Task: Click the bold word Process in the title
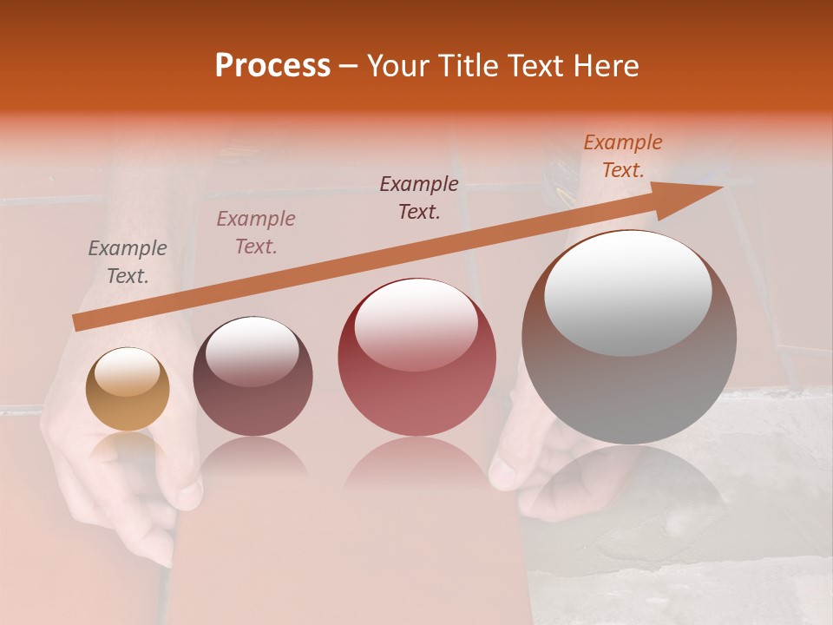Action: click(x=272, y=66)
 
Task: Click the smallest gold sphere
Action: click(x=128, y=389)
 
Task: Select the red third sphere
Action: click(x=416, y=357)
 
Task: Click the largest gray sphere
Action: click(x=629, y=337)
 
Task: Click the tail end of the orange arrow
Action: click(x=81, y=323)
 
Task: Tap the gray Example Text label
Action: click(x=128, y=262)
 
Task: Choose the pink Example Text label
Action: click(x=256, y=233)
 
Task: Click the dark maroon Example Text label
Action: click(x=419, y=198)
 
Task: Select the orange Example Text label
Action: click(x=623, y=156)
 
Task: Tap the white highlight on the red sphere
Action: click(x=416, y=325)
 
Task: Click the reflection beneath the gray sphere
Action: click(x=629, y=486)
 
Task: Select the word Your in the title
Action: click(x=395, y=66)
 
